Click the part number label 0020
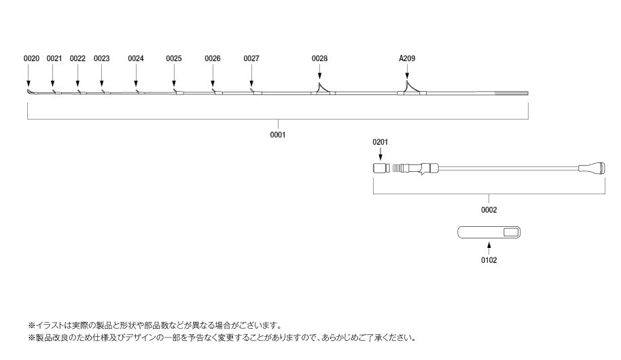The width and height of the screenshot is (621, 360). [31, 58]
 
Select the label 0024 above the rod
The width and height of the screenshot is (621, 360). [136, 58]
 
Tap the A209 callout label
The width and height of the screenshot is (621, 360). [407, 58]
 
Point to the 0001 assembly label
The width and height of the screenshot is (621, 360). [278, 135]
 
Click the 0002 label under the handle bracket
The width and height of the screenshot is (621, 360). [489, 210]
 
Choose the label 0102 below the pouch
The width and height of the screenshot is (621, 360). [489, 260]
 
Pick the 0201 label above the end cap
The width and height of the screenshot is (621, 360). [380, 142]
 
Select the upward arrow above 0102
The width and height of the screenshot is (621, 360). [489, 249]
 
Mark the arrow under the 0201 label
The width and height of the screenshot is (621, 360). [380, 154]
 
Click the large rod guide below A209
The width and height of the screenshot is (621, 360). [412, 88]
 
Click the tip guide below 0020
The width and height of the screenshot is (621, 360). [30, 92]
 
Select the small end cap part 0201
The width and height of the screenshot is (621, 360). [379, 168]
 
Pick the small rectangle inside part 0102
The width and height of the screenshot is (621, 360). [511, 232]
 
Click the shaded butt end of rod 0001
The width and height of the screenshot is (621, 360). [512, 94]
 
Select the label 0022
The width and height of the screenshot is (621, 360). [77, 58]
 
